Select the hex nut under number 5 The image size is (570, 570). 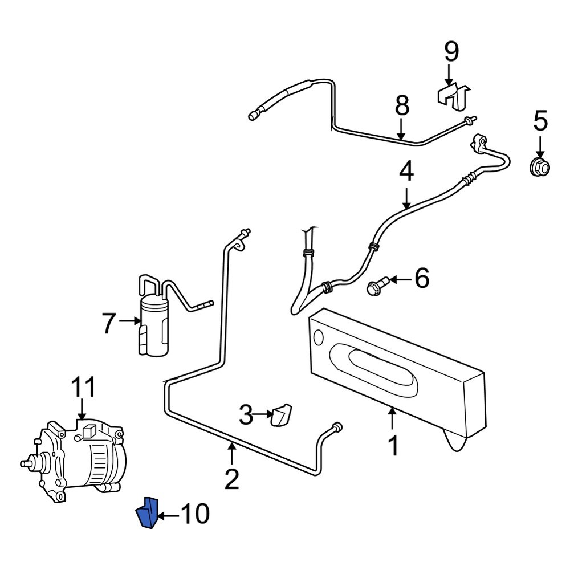[x=539, y=166]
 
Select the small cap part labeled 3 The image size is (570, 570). [x=282, y=414]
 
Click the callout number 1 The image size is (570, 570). [x=393, y=446]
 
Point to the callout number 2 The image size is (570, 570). [x=231, y=478]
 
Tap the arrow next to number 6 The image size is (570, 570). [x=401, y=280]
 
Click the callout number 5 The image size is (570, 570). [x=540, y=121]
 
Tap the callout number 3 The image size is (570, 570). [x=246, y=415]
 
